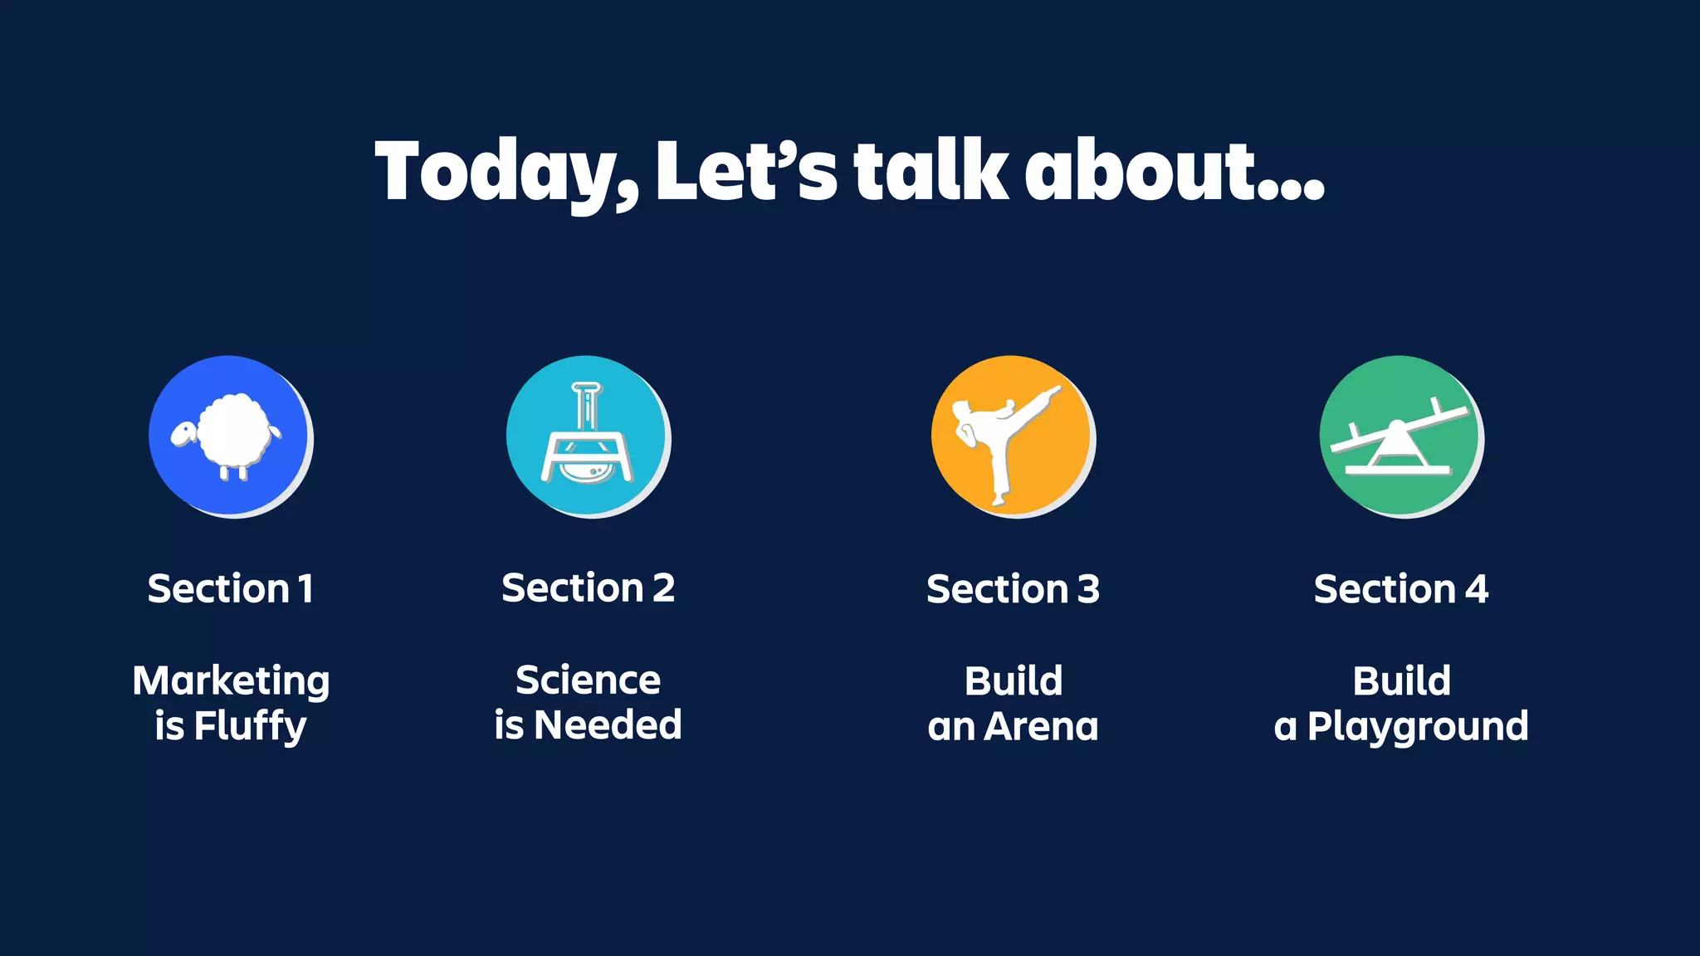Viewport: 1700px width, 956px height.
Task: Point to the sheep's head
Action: point(183,433)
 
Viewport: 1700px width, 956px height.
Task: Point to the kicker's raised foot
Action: point(1053,392)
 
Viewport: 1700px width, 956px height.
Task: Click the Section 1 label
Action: point(231,589)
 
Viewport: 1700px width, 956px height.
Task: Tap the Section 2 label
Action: point(588,588)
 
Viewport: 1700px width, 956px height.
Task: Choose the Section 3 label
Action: point(1013,589)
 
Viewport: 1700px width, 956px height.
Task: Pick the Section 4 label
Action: point(1401,589)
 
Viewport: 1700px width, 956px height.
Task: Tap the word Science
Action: point(588,680)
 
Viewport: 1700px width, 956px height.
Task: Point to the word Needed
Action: point(608,725)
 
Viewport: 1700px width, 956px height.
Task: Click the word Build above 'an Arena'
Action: point(1013,681)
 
